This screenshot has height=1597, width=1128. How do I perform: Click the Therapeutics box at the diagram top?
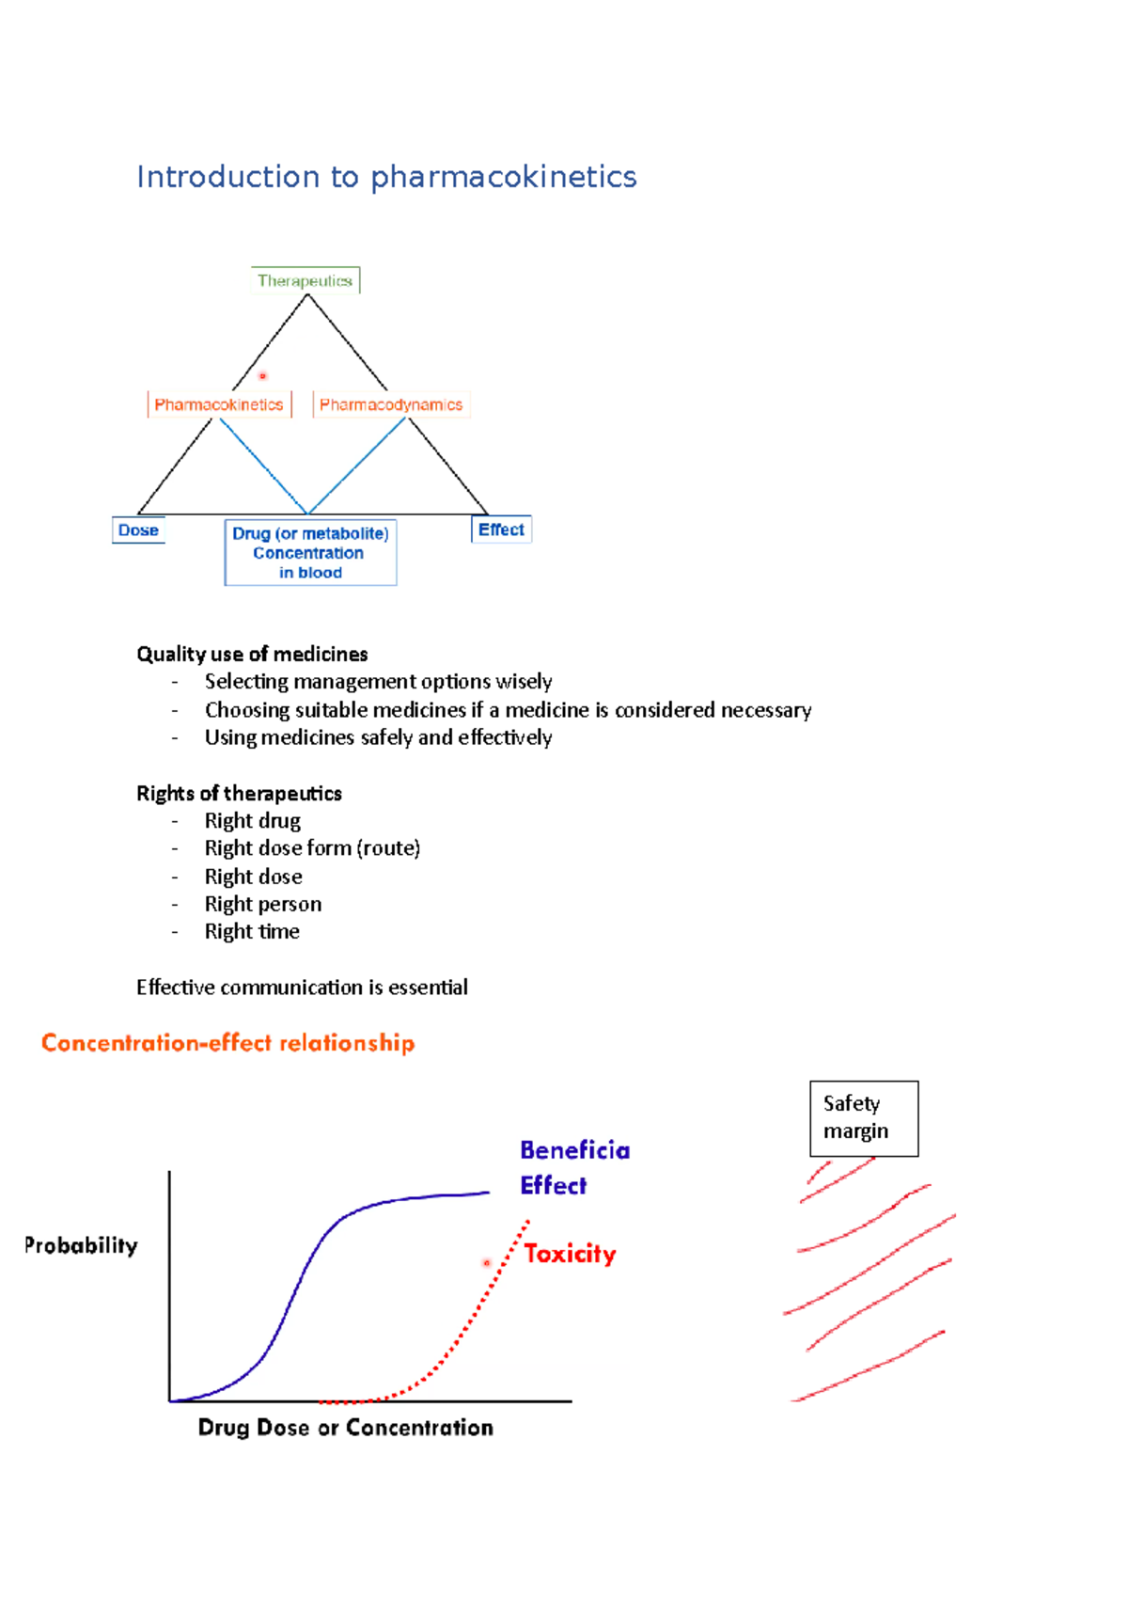[x=305, y=280]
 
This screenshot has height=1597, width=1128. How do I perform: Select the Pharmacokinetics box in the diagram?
[x=219, y=404]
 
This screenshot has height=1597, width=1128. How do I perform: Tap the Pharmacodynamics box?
[x=391, y=404]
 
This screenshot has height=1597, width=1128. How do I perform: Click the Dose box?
[x=138, y=530]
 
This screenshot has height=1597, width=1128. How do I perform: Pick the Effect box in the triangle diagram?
[x=501, y=530]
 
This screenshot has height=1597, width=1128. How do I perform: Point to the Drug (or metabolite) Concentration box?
[x=310, y=553]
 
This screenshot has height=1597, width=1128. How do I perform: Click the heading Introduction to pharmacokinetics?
[x=386, y=177]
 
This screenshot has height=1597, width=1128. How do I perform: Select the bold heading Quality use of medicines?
[x=252, y=654]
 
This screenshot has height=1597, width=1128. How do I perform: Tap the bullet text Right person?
[x=263, y=904]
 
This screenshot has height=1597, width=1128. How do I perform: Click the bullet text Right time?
[x=252, y=931]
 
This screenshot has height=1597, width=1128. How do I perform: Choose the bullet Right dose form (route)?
[x=312, y=848]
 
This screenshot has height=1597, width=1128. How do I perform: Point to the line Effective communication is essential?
[x=302, y=987]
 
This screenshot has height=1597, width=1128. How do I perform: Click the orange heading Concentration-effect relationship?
[x=227, y=1043]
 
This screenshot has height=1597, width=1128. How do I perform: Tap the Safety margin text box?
[x=863, y=1117]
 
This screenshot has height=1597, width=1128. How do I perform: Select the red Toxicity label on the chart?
[x=570, y=1254]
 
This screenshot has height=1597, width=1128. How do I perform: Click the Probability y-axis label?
[x=81, y=1245]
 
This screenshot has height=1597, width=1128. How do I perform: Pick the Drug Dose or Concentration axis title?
[x=345, y=1428]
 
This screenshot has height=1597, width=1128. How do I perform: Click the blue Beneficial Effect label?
[x=574, y=1167]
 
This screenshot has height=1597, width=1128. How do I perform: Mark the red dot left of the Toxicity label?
[x=487, y=1263]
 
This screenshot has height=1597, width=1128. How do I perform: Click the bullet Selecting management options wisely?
[x=378, y=681]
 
